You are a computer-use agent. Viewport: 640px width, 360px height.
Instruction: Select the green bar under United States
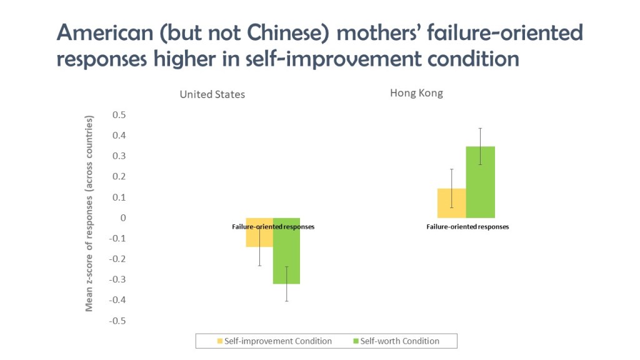coord(286,251)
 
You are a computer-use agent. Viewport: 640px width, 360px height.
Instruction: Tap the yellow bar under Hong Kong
coord(452,203)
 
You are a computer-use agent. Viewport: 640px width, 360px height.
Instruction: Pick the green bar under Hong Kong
coord(481,182)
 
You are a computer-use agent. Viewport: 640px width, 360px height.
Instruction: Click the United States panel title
coord(212,95)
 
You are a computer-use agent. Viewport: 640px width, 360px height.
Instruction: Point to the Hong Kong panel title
coord(416,94)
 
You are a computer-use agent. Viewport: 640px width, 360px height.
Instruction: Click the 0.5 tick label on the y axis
coord(119,115)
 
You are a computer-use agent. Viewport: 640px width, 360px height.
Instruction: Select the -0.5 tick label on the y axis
coord(117,321)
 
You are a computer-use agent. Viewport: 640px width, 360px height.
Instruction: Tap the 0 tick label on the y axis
coord(123,218)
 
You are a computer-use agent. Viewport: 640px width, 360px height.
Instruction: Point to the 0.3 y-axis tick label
coord(119,156)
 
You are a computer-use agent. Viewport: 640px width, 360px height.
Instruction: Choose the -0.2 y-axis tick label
coord(117,259)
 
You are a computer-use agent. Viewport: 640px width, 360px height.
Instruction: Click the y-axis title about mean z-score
coord(89,214)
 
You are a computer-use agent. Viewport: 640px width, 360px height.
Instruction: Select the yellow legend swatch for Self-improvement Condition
coord(220,341)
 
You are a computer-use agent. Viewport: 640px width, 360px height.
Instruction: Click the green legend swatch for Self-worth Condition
coord(356,341)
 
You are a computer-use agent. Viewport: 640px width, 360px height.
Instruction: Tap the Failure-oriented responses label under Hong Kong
coord(467,226)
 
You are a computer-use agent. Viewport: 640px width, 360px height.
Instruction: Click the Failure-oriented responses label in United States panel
coord(273,226)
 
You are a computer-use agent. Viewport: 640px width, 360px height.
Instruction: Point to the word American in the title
coord(105,32)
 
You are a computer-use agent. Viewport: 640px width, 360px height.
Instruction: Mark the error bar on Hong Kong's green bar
coord(481,146)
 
